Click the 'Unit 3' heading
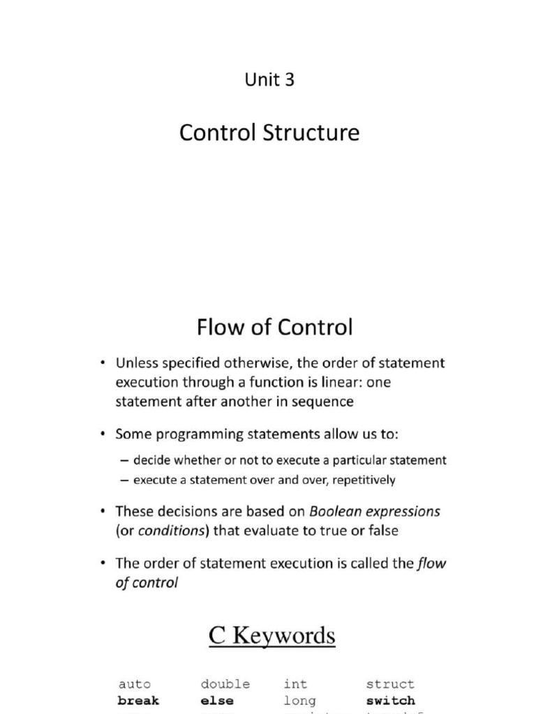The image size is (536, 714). tap(269, 80)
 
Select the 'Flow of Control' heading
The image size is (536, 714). tap(274, 326)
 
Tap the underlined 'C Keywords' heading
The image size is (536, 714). tap(272, 636)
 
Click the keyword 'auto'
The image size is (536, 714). tap(134, 684)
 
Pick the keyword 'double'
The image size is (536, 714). tap(225, 684)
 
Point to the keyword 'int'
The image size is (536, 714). tap(295, 684)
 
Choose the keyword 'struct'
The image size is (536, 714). tap(390, 684)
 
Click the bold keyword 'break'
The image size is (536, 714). tap(138, 700)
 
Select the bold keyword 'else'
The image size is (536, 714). tap(217, 700)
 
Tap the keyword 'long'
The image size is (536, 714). tap(299, 700)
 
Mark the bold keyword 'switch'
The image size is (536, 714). tap(390, 700)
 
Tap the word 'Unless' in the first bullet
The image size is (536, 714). tap(137, 363)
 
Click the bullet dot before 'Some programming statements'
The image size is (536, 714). tap(103, 434)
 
